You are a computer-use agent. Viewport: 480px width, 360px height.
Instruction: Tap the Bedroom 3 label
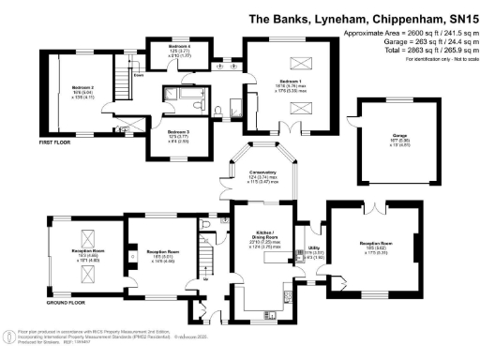pyautogui.click(x=178, y=132)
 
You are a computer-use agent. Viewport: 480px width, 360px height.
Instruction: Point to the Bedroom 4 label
pyautogui.click(x=179, y=46)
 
